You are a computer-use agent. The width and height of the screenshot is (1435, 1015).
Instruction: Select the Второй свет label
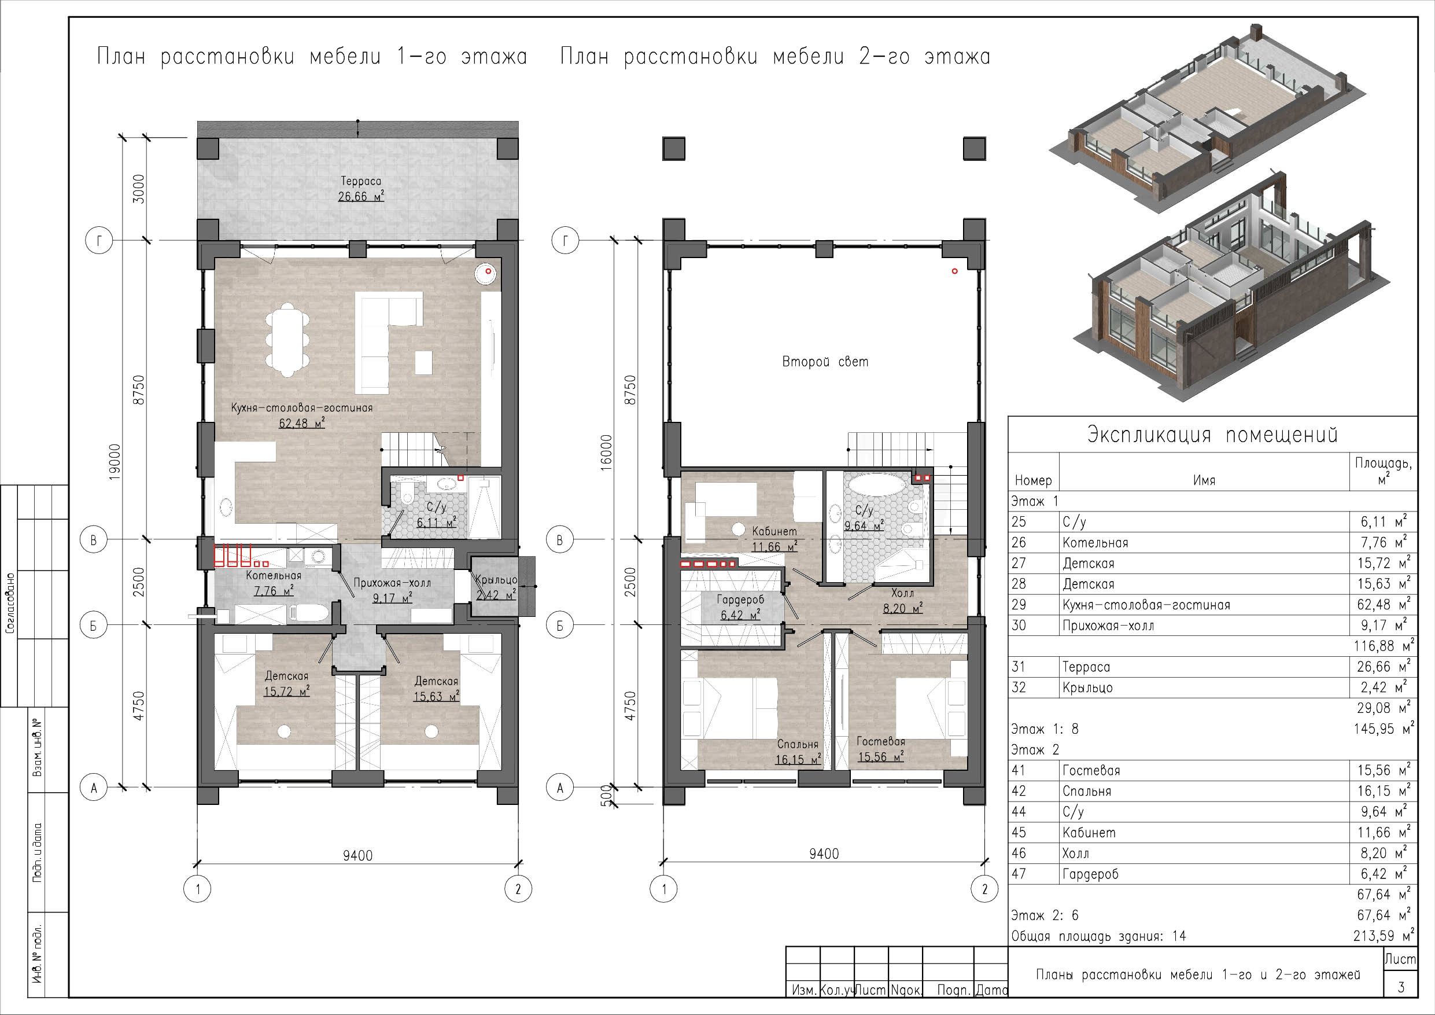[x=825, y=362]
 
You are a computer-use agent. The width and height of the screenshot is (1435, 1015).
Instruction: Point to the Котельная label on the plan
[x=274, y=575]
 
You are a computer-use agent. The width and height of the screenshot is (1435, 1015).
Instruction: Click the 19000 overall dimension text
[x=115, y=462]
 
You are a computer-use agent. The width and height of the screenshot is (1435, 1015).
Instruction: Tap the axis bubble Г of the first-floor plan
[x=99, y=240]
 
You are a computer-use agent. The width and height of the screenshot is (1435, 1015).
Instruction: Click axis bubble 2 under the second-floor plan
[x=985, y=889]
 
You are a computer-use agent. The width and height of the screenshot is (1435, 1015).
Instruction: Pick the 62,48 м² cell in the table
[x=1384, y=605]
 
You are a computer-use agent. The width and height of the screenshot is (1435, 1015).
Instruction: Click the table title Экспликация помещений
[x=1212, y=435]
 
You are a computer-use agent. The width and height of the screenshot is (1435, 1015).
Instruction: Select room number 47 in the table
[x=1019, y=874]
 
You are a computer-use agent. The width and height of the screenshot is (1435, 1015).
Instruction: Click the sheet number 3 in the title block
[x=1401, y=987]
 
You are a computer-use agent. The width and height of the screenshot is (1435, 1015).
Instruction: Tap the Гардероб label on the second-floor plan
[x=740, y=600]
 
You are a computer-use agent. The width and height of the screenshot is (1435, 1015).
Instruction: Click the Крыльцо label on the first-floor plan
[x=496, y=580]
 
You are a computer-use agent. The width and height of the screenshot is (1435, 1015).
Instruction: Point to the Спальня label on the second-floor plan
[x=798, y=744]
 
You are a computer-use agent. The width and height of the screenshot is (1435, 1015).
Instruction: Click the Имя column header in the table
[x=1204, y=480]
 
